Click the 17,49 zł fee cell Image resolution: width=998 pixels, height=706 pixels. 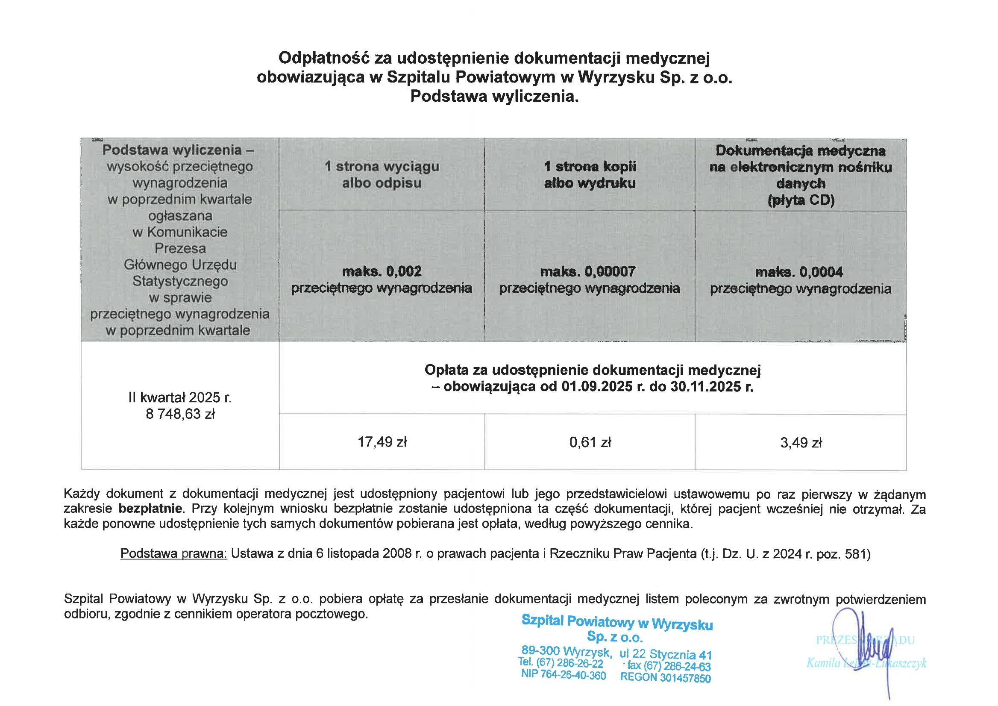click(x=382, y=442)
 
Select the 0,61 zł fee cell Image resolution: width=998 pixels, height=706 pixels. click(x=590, y=443)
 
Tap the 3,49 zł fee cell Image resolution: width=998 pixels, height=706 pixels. click(x=801, y=443)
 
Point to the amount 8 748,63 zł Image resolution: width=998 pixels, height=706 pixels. click(x=180, y=414)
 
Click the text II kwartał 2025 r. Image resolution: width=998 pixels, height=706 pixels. click(x=180, y=397)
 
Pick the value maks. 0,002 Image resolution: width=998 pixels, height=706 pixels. click(x=382, y=272)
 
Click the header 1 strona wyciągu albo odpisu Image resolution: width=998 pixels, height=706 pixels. click(x=382, y=174)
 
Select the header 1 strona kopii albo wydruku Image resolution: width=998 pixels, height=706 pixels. click(x=590, y=174)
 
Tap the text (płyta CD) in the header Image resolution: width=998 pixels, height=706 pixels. click(x=801, y=200)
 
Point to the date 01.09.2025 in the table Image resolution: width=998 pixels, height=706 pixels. click(x=597, y=386)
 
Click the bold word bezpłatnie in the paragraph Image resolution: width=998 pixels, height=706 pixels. click(x=150, y=508)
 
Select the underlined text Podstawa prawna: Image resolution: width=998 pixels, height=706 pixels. click(x=173, y=553)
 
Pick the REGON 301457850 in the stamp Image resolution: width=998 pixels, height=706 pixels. click(x=666, y=677)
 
